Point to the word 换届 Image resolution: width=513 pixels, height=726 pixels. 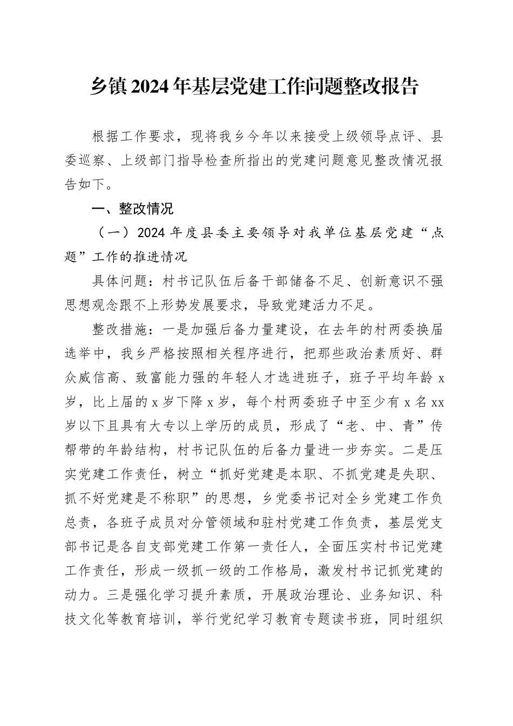pyautogui.click(x=429, y=330)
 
